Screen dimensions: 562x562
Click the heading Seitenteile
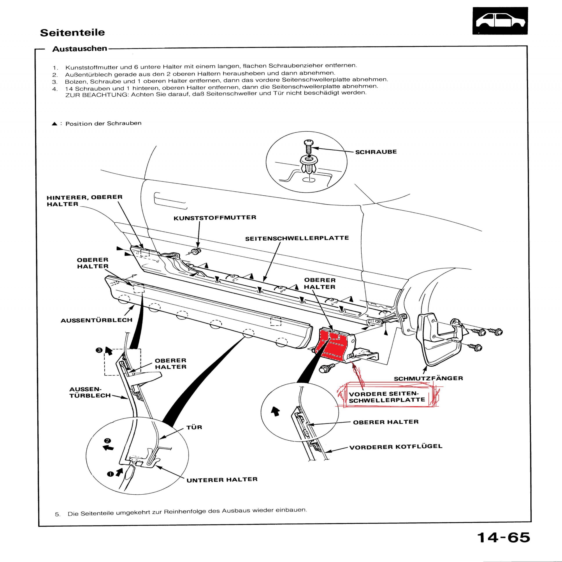72,32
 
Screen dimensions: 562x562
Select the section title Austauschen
80,49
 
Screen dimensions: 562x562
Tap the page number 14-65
504,537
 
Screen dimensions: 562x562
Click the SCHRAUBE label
376,152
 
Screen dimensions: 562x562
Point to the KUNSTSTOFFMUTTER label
215,218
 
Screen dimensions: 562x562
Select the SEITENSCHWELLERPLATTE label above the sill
297,238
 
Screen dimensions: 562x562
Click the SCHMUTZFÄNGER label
428,378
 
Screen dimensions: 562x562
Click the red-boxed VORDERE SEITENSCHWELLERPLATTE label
387,397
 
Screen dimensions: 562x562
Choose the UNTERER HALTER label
222,480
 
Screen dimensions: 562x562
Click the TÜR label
194,427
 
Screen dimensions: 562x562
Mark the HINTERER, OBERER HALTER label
84,200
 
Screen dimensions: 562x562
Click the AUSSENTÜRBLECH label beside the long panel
97,320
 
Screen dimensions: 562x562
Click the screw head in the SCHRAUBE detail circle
308,143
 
